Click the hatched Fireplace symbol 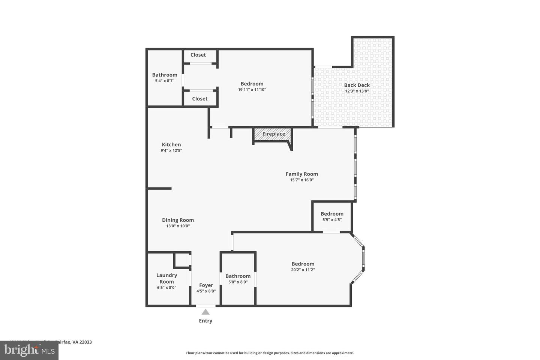pos(273,134)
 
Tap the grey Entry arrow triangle pos(205,312)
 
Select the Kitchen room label pos(171,144)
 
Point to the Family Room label pos(301,174)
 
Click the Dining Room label pos(178,220)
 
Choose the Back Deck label pos(357,85)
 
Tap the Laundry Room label pos(166,278)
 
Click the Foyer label pos(206,285)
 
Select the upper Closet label pos(198,55)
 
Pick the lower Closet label pos(199,99)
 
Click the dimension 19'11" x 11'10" pos(252,90)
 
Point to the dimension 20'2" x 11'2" pos(303,270)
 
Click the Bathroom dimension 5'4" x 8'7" pos(165,81)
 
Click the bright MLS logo pos(29,350)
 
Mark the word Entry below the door pos(205,321)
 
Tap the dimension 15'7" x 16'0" pos(301,180)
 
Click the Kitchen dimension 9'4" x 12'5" pos(171,150)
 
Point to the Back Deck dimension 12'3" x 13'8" pos(357,91)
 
